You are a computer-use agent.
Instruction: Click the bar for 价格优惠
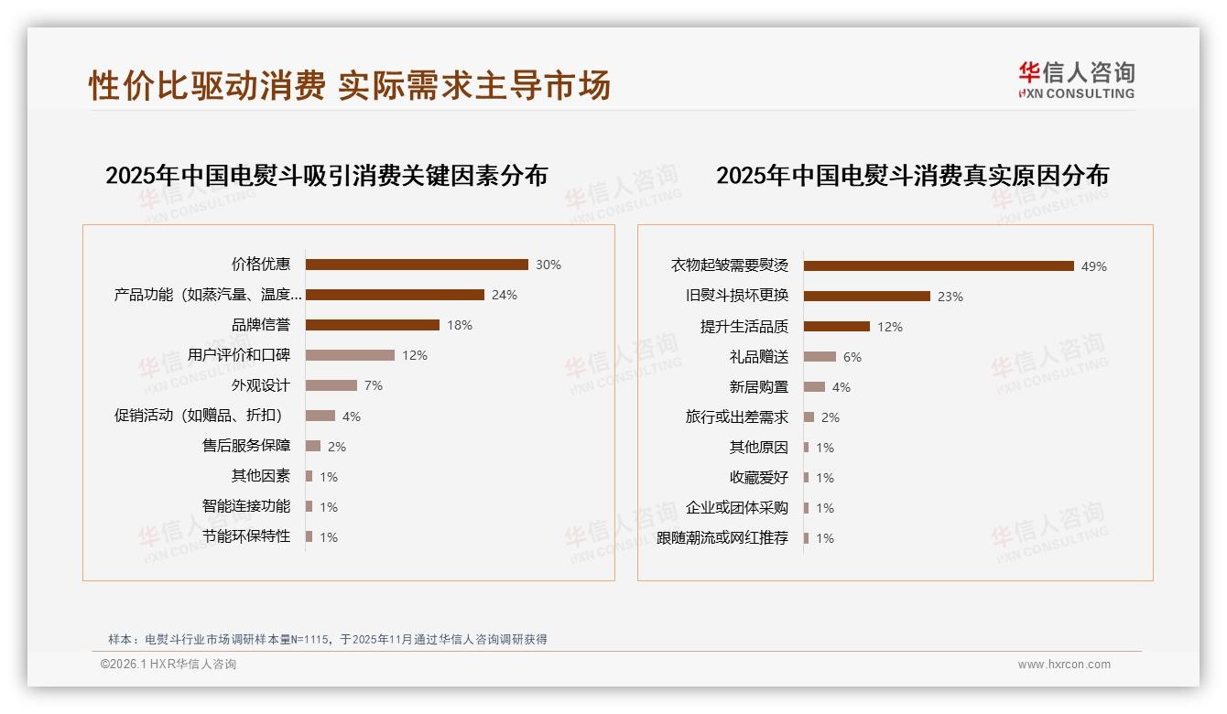pyautogui.click(x=417, y=265)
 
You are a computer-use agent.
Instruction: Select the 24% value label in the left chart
pyautogui.click(x=505, y=295)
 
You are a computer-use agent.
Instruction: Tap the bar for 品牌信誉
pyautogui.click(x=373, y=325)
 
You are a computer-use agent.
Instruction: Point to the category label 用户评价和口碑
pyautogui.click(x=238, y=355)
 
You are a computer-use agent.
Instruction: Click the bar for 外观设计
pyautogui.click(x=331, y=385)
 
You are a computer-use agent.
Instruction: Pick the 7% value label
pyautogui.click(x=374, y=385)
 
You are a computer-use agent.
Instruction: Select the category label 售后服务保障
pyautogui.click(x=246, y=446)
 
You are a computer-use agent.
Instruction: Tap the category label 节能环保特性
pyautogui.click(x=246, y=536)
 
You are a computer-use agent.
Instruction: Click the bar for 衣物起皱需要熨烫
pyautogui.click(x=939, y=266)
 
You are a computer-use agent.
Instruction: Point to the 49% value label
pyautogui.click(x=1094, y=266)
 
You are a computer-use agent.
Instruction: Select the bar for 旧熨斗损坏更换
pyautogui.click(x=867, y=297)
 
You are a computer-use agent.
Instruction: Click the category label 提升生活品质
pyautogui.click(x=744, y=327)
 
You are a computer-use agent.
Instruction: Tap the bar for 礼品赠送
pyautogui.click(x=820, y=357)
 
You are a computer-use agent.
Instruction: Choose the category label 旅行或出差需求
pyautogui.click(x=736, y=417)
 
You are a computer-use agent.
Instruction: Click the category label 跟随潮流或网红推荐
pyautogui.click(x=722, y=538)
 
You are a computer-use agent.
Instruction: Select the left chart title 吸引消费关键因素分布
pyautogui.click(x=326, y=175)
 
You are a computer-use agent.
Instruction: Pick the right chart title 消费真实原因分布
pyautogui.click(x=912, y=175)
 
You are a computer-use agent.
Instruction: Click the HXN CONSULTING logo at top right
pyautogui.click(x=1076, y=81)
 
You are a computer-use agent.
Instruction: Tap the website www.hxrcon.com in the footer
pyautogui.click(x=1064, y=665)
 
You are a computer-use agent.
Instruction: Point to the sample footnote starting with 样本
pyautogui.click(x=328, y=639)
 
